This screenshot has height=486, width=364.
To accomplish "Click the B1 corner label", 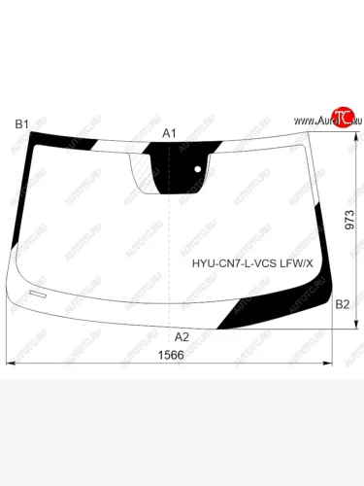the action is tap(22, 124).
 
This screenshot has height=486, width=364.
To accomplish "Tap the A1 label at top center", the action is tap(169, 133).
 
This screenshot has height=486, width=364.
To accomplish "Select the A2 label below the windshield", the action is tap(182, 337).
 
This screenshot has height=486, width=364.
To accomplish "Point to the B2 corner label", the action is tap(343, 304).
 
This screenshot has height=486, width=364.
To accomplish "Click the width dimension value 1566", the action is tap(171, 355).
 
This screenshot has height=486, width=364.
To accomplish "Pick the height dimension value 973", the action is tap(349, 220).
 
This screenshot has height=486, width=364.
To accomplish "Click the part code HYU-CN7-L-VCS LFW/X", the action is tap(252, 263).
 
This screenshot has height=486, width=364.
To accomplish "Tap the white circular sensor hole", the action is tap(198, 169).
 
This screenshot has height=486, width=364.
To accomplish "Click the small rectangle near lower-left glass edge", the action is tap(38, 295).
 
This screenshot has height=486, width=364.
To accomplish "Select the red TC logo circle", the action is tap(343, 117).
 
